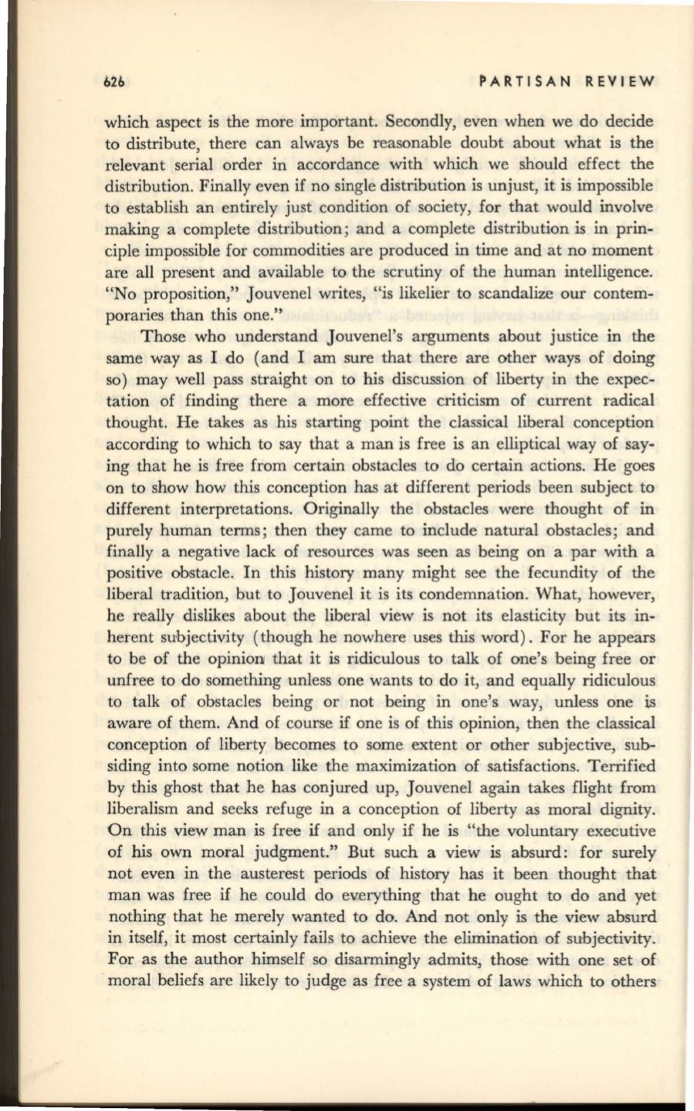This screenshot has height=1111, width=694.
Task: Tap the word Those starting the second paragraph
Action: tap(164, 337)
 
